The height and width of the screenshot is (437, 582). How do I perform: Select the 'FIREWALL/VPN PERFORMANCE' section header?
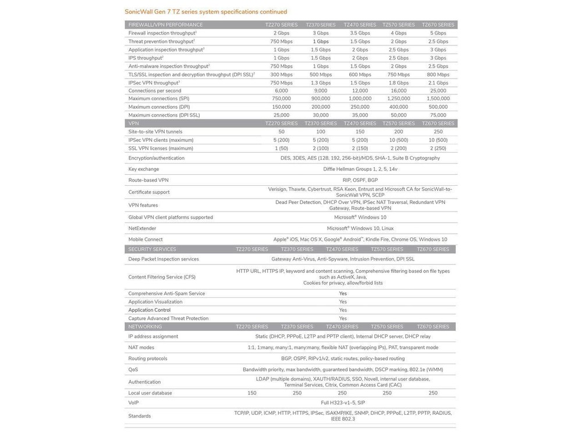coord(165,25)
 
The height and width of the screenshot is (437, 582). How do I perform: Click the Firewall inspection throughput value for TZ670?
coord(438,33)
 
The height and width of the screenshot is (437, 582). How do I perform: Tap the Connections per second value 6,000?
coord(281,91)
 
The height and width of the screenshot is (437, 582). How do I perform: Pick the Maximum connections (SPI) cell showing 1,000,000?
coord(360,99)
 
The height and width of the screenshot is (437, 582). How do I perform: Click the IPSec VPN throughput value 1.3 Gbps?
coord(321,83)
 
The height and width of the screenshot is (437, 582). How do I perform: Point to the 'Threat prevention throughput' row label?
coord(161,41)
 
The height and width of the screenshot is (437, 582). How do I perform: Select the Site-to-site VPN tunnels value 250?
coord(438,132)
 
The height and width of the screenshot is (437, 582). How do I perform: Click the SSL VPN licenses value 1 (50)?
coord(281,149)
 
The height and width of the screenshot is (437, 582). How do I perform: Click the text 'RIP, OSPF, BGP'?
coord(360,180)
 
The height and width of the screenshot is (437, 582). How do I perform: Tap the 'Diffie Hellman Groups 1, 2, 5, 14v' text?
coord(360,169)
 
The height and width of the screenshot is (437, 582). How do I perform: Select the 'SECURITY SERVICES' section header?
coord(152,249)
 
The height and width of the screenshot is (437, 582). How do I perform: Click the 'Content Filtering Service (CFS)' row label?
coord(162,277)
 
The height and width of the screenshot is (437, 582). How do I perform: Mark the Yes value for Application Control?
coord(343,310)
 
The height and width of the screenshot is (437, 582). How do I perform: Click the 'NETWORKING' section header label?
coord(145,327)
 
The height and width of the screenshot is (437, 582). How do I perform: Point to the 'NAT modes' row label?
coord(141,347)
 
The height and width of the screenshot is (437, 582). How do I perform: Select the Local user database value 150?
coord(251,393)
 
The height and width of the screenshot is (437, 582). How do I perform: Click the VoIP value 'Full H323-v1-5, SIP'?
coord(343,403)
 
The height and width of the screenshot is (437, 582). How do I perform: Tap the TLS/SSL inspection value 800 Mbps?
coord(438,75)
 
